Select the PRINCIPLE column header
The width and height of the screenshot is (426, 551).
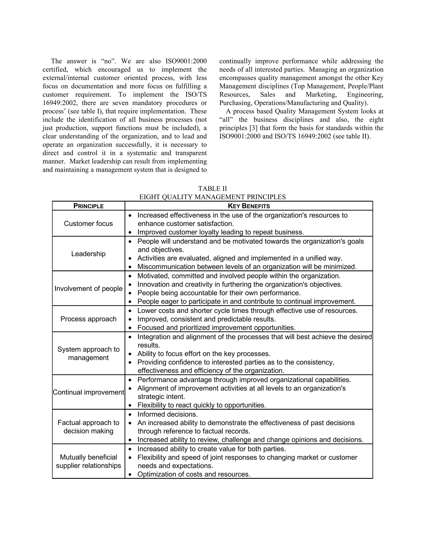point(88,206)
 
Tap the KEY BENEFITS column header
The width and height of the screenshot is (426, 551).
point(249,206)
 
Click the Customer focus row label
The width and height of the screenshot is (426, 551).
point(88,224)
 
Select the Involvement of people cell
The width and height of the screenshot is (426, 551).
point(88,288)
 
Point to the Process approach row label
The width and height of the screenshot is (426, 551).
point(88,319)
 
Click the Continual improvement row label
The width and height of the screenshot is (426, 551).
point(88,392)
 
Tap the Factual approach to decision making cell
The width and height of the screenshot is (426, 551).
point(88,427)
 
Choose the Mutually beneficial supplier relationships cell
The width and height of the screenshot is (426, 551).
point(88,461)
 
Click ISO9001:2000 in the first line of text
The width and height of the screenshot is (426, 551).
point(186,61)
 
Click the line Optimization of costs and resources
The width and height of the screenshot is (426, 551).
point(194,474)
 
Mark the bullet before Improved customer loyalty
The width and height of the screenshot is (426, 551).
point(130,232)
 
